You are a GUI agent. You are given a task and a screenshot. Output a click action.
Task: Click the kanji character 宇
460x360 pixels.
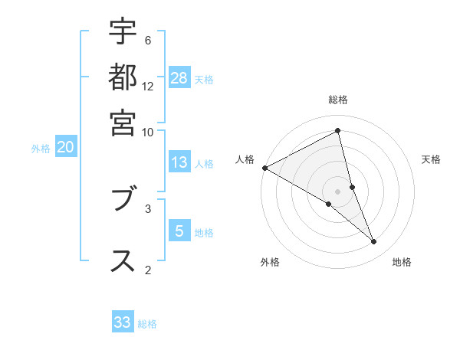123,33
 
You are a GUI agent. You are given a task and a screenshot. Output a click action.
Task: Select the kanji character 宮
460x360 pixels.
123,123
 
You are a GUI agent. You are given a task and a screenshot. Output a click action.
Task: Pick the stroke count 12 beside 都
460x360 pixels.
148,86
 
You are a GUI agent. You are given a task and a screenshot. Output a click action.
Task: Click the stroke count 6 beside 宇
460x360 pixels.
148,40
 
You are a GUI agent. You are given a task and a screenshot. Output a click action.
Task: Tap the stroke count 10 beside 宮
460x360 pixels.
148,131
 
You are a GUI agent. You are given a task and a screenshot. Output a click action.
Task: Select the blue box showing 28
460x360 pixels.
179,77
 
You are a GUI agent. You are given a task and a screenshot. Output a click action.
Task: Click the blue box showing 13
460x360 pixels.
179,162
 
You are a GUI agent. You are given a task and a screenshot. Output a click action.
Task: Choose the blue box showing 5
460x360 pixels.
179,231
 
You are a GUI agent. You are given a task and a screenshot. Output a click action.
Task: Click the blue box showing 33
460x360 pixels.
123,322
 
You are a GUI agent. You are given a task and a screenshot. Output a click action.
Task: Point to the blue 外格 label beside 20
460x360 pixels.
41,149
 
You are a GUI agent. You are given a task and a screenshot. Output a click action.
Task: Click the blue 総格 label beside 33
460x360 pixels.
147,324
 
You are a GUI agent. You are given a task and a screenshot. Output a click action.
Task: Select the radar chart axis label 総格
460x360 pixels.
338,100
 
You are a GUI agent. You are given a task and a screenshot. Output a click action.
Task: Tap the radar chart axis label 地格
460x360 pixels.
402,263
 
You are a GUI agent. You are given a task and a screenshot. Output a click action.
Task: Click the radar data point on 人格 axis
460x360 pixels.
264,168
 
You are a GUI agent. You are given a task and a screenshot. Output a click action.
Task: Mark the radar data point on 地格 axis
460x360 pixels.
374,242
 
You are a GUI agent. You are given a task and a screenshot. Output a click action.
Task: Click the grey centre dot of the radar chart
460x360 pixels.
338,191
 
